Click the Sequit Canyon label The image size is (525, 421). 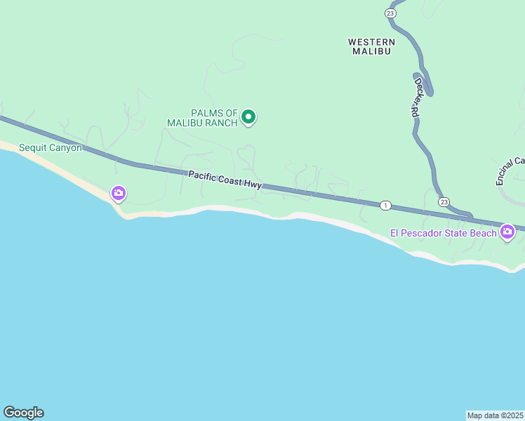tap(51, 147)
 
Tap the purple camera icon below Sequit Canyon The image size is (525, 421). tap(118, 192)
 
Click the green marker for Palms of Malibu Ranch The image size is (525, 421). tap(248, 117)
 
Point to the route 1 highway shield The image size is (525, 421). tap(385, 206)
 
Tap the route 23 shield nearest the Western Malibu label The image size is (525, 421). tap(390, 13)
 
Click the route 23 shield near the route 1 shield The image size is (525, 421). tap(444, 202)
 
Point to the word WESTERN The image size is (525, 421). tap(372, 42)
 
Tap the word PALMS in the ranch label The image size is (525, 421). tap(206, 113)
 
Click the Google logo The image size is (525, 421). tap(23, 413)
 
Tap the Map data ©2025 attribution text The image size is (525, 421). tap(496, 415)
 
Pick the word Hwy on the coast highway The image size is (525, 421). tap(253, 184)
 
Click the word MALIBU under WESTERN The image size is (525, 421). tap(372, 51)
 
